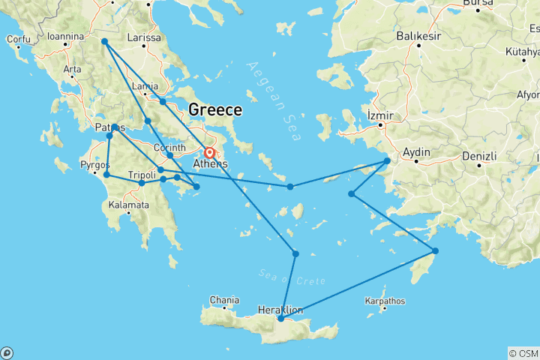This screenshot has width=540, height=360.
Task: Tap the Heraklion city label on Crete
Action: (280, 309)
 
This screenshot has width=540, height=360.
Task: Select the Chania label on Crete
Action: (224, 300)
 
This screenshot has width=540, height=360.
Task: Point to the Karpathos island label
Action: (385, 301)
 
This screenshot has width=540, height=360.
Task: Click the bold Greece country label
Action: (215, 110)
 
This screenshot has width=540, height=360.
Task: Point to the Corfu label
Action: (18, 38)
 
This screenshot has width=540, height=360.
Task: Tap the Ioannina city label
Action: (64, 34)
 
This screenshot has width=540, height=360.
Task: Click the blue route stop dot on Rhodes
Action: (435, 250)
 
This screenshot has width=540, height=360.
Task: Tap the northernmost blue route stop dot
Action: (104, 41)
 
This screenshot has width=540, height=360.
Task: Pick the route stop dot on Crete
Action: (280, 319)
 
